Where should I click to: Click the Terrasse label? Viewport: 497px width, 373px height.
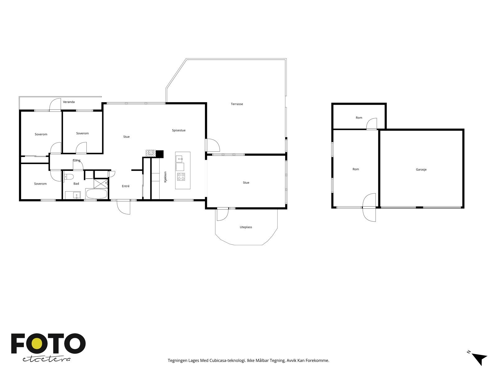[237, 104]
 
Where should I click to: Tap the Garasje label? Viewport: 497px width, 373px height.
[421, 169]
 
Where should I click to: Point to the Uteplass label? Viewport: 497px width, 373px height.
[246, 227]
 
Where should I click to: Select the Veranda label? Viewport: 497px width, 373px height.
[69, 102]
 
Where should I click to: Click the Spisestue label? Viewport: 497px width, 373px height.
[179, 131]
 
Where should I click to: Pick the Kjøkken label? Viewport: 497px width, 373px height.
[165, 177]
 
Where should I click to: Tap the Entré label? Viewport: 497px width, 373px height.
[126, 186]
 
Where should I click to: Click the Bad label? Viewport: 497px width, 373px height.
[76, 184]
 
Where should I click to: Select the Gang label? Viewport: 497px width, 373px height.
[76, 161]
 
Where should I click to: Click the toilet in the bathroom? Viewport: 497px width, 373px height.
[68, 177]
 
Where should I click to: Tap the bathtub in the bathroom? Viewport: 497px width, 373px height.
[96, 194]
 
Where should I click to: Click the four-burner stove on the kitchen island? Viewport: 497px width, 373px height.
[181, 177]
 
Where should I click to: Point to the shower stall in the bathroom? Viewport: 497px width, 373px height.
[101, 184]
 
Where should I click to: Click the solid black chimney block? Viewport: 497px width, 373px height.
[160, 154]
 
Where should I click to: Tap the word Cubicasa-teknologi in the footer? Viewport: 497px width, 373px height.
[228, 361]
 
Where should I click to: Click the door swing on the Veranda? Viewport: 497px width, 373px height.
[55, 105]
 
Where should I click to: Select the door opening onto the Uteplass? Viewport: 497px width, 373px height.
[223, 214]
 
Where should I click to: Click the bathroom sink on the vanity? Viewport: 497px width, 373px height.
[77, 195]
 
